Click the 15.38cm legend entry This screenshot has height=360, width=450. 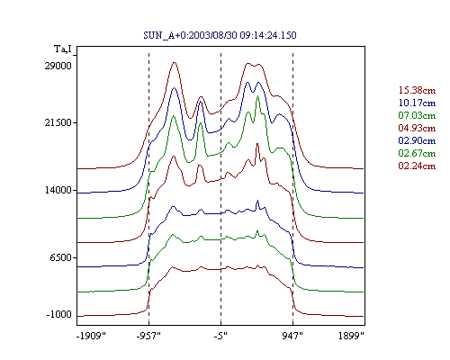(417, 90)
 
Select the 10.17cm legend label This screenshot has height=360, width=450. (417, 103)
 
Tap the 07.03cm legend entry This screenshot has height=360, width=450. (417, 115)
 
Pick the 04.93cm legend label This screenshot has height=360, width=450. (417, 128)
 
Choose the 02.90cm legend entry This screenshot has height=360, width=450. (417, 140)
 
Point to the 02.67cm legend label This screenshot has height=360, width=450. (417, 153)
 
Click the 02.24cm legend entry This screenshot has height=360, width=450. (417, 166)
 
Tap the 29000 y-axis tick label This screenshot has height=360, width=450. (58, 66)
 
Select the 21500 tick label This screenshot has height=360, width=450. (58, 122)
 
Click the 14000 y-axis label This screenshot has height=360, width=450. (58, 190)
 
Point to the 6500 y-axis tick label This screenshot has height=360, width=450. (61, 257)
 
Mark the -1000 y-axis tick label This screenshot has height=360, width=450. (59, 314)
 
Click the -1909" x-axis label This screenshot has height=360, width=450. (91, 336)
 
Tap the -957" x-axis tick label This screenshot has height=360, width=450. (148, 336)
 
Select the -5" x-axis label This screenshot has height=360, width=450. (220, 336)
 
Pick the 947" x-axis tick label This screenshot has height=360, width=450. (292, 336)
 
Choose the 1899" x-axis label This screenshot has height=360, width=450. (351, 336)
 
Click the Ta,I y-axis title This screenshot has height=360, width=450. (63, 49)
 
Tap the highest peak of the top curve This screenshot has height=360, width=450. (175, 62)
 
